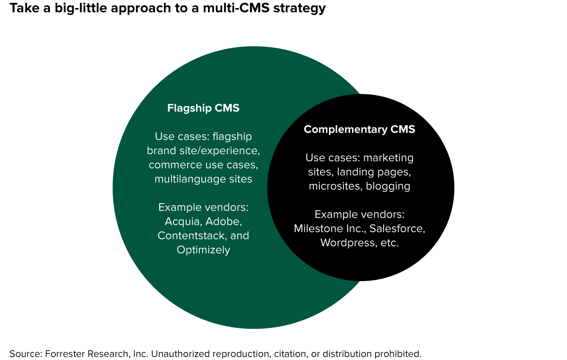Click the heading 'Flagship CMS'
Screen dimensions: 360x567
pyautogui.click(x=203, y=108)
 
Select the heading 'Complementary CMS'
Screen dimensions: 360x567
pyautogui.click(x=359, y=129)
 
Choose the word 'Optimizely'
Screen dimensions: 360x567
pyautogui.click(x=203, y=249)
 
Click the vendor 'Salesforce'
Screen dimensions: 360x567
pyautogui.click(x=397, y=229)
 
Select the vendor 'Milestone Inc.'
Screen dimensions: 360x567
pyautogui.click(x=329, y=229)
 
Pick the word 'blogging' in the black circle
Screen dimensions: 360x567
pyautogui.click(x=388, y=186)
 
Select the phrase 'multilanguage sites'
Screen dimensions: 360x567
pyautogui.click(x=203, y=179)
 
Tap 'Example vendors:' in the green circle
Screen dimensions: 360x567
pyautogui.click(x=203, y=207)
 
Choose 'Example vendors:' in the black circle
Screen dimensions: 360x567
pyautogui.click(x=359, y=214)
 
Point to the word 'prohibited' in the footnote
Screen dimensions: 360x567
pyautogui.click(x=397, y=353)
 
